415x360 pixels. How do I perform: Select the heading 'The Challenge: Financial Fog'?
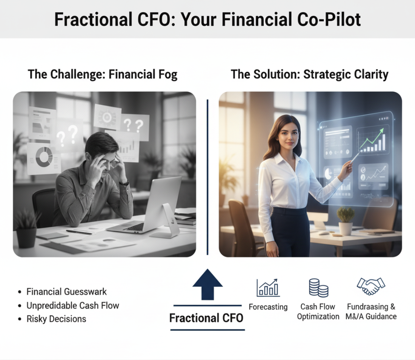click(102, 74)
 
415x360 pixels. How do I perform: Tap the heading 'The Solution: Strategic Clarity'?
click(309, 74)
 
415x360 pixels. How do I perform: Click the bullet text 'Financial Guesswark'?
click(66, 292)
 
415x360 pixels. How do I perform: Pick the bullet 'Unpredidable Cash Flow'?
click(73, 305)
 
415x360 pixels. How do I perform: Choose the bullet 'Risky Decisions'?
click(56, 319)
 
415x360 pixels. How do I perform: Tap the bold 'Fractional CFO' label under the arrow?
click(206, 318)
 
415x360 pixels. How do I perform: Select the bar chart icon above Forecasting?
click(267, 288)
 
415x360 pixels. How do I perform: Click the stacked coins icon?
click(318, 288)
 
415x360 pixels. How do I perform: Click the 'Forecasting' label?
click(268, 307)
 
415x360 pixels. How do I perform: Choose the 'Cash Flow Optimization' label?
click(318, 312)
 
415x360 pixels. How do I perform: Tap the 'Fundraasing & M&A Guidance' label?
click(371, 312)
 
